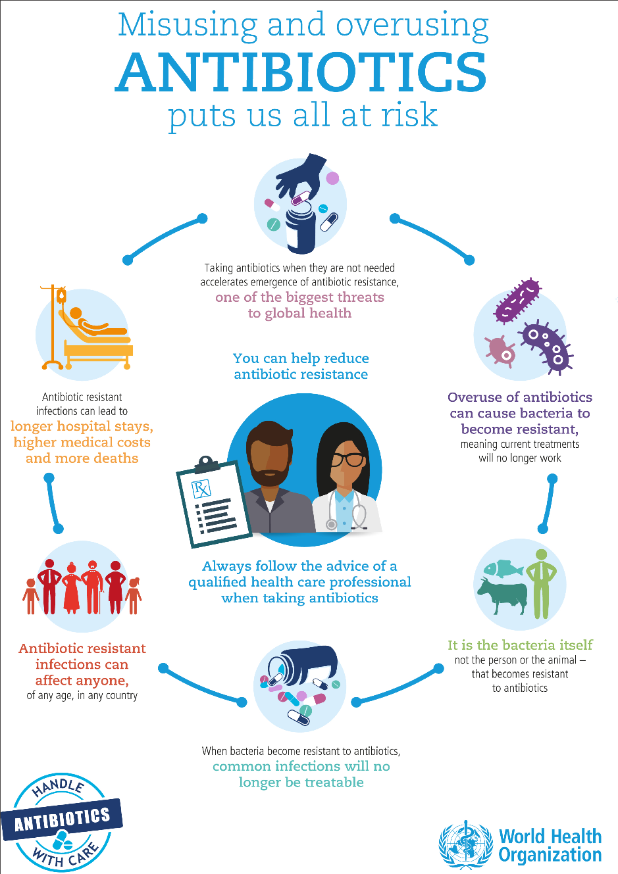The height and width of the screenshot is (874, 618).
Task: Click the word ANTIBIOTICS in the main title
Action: pyautogui.click(x=301, y=72)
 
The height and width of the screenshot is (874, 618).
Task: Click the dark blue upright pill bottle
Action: pyautogui.click(x=300, y=231)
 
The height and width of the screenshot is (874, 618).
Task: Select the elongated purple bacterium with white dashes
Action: pyautogui.click(x=517, y=301)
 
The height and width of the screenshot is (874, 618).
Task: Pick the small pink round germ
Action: pyautogui.click(x=500, y=351)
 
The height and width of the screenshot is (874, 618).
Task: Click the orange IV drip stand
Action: pyautogui.click(x=53, y=327)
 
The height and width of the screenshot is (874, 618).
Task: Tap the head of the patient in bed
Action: pyautogui.click(x=75, y=313)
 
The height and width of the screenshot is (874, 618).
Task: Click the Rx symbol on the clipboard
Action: pyautogui.click(x=201, y=489)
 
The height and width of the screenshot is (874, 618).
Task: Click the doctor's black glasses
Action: pyautogui.click(x=348, y=460)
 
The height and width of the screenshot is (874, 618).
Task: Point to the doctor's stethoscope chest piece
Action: pyautogui.click(x=332, y=524)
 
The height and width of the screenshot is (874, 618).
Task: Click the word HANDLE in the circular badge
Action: pyautogui.click(x=59, y=787)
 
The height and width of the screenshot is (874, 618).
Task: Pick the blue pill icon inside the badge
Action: pyautogui.click(x=62, y=840)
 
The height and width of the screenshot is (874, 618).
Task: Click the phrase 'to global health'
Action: pyautogui.click(x=300, y=313)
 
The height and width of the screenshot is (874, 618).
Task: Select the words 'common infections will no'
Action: pyautogui.click(x=301, y=766)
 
